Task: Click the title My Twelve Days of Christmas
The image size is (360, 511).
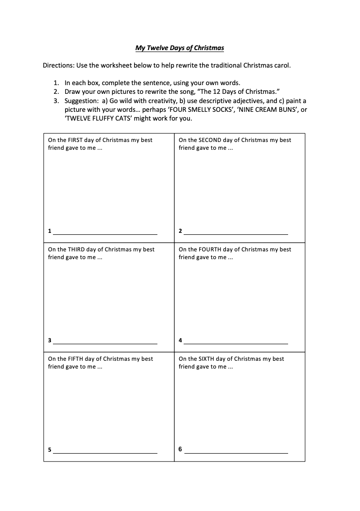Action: (x=179, y=48)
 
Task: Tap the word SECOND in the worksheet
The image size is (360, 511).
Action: (x=209, y=140)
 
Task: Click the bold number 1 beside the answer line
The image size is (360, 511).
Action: (x=50, y=231)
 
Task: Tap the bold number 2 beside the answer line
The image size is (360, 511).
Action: (x=180, y=231)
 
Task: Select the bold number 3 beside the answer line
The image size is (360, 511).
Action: (x=50, y=340)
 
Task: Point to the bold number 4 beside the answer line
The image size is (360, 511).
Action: (x=180, y=340)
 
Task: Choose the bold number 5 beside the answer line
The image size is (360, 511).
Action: (x=50, y=450)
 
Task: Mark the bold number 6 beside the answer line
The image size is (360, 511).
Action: (x=180, y=449)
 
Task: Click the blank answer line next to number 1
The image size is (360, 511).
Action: (x=105, y=234)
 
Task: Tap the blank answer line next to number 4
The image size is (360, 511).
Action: (x=236, y=343)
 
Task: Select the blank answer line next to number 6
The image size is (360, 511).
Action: (x=236, y=453)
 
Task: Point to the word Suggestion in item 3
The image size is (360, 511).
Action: (x=82, y=101)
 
